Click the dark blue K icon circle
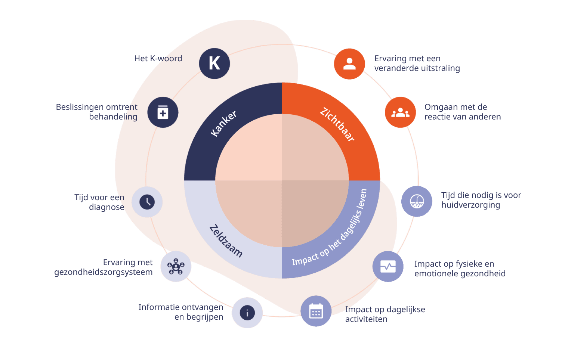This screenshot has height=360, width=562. (214, 63)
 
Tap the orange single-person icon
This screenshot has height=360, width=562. (349, 64)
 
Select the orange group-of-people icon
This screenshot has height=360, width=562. (400, 112)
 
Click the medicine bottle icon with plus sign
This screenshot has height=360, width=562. (163, 112)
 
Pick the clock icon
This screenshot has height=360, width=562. (147, 202)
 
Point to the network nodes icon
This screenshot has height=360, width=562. (176, 267)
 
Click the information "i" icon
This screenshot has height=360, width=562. (247, 313)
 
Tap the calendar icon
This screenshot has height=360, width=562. (316, 311)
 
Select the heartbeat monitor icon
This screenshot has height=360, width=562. (388, 267)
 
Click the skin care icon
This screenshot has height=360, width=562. (417, 201)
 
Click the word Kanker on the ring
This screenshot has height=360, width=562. (223, 123)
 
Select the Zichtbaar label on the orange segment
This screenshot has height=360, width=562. (337, 124)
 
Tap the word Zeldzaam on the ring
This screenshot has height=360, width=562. (226, 240)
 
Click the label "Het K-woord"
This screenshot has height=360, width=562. (158, 59)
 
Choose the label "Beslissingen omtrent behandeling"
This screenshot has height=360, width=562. (97, 112)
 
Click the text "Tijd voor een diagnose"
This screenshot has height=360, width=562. (99, 202)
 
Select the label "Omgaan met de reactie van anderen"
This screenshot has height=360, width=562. (462, 112)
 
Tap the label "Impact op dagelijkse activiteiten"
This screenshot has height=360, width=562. (385, 314)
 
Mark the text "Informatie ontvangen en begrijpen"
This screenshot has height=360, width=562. (181, 312)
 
